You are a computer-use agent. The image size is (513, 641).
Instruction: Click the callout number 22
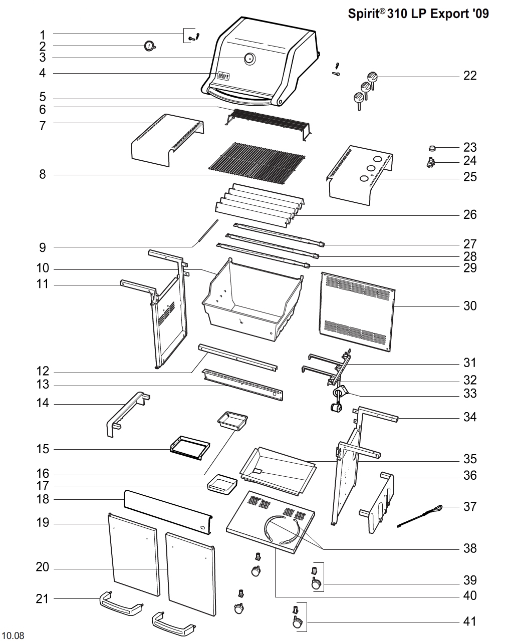(469, 76)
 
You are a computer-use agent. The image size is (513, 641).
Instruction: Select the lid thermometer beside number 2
(149, 46)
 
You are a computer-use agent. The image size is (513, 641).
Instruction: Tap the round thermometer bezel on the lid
(249, 59)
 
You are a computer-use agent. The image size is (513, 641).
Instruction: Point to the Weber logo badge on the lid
(223, 76)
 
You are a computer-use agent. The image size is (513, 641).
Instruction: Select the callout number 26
(469, 215)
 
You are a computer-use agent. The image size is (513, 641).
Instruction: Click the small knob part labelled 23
(431, 147)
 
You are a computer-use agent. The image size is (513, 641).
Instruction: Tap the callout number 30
(469, 305)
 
